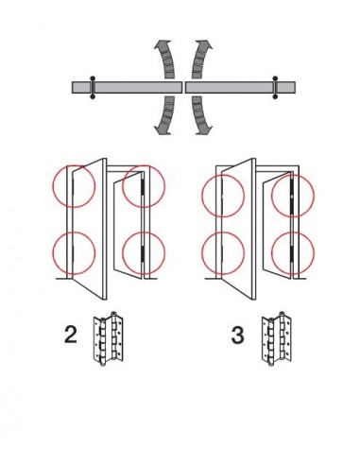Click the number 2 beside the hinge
(x=70, y=335)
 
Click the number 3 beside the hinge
(x=237, y=335)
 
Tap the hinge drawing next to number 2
(x=108, y=339)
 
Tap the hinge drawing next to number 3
(x=276, y=339)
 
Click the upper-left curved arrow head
(x=162, y=45)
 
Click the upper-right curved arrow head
(x=205, y=45)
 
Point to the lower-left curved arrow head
(x=162, y=129)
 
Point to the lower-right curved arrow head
(x=205, y=129)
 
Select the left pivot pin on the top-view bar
(x=93, y=87)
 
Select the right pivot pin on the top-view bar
(x=275, y=87)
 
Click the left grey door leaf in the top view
(x=128, y=87)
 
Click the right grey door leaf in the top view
(x=240, y=87)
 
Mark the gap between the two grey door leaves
(x=184, y=87)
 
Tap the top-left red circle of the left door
(x=53, y=186)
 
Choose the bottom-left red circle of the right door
(x=202, y=253)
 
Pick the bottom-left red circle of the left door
(x=53, y=253)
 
